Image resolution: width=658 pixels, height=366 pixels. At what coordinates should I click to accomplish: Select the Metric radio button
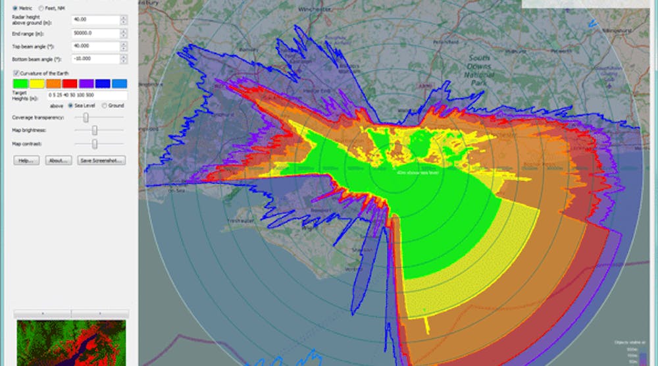16,7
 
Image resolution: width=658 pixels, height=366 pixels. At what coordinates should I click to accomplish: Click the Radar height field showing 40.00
95,20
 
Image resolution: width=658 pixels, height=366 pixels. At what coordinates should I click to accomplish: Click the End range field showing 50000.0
95,33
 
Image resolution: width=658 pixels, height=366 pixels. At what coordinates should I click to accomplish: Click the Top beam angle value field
95,46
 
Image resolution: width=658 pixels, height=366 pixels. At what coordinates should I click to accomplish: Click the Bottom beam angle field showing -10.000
95,59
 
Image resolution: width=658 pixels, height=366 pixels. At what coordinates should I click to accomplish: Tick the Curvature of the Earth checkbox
16,72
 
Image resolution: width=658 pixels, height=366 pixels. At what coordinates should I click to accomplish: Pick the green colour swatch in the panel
20,84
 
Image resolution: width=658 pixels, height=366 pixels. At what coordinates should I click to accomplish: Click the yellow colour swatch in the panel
37,84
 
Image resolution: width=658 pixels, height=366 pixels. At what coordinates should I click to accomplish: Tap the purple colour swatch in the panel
86,84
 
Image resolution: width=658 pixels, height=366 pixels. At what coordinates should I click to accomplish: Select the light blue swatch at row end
119,84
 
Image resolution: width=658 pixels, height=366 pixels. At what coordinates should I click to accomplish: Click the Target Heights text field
86,96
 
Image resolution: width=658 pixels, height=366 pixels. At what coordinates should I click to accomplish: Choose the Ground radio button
103,105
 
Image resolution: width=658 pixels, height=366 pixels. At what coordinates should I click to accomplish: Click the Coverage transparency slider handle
85,117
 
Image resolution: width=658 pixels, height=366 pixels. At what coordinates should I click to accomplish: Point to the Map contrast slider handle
95,144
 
